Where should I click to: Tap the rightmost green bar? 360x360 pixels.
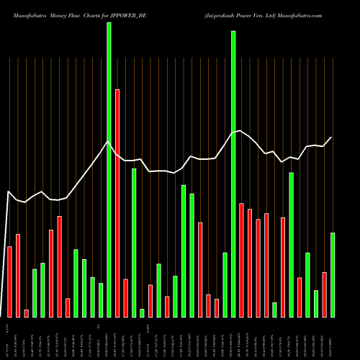point(333,274)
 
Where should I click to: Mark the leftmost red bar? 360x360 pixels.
point(9,282)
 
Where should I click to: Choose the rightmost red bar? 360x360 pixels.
point(325,294)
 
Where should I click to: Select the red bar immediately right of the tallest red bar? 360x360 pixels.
point(126,298)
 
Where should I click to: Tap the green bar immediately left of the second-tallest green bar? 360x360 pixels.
point(225,284)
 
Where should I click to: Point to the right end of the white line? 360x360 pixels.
point(332,137)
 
